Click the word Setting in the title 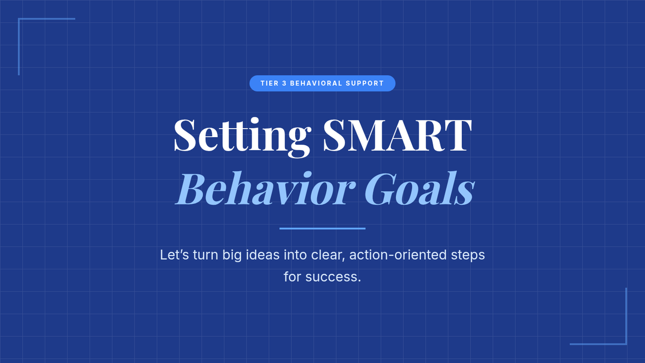[x=242, y=137]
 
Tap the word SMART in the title [x=397, y=135]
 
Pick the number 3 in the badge [x=284, y=83]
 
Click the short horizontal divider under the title [x=322, y=229]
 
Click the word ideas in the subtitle [x=263, y=255]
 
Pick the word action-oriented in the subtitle [x=398, y=255]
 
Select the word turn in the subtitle [x=205, y=255]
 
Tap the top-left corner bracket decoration [x=19, y=19]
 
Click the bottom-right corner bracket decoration [x=626, y=344]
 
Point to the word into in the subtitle [x=295, y=255]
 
